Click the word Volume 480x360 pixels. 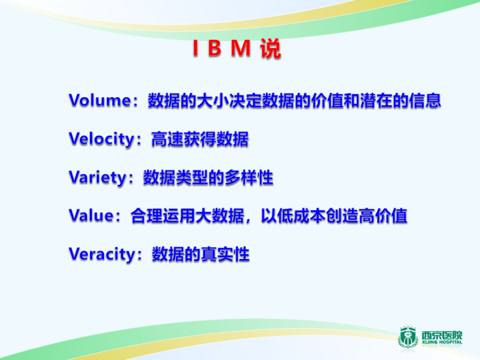[x=99, y=100]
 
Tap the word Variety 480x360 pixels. [x=98, y=177]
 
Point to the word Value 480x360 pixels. [x=91, y=216]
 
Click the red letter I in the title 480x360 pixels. [x=195, y=50]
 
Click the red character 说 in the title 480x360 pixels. [x=270, y=50]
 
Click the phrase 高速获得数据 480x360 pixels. [x=199, y=139]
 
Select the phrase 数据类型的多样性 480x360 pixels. [x=208, y=177]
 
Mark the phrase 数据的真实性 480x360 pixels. [x=200, y=254]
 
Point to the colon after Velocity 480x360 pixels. [x=142, y=140]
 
